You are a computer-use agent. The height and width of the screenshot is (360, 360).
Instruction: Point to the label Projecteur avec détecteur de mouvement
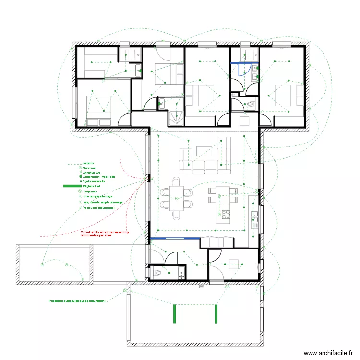click(x=77, y=301)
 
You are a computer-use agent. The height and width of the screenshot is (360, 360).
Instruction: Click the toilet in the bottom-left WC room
click(x=157, y=272)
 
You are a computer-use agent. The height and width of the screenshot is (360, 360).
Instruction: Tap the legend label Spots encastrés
click(x=94, y=181)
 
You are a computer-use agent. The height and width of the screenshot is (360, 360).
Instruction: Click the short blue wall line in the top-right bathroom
click(x=244, y=63)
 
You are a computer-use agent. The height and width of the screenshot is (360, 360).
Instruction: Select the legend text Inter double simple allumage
click(x=103, y=202)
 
